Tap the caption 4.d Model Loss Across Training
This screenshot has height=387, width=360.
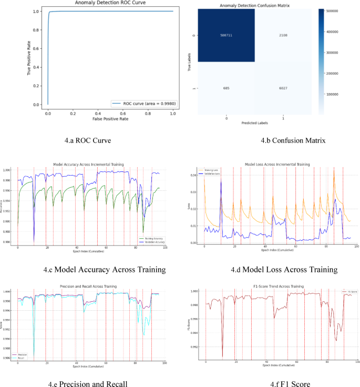(284, 269)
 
